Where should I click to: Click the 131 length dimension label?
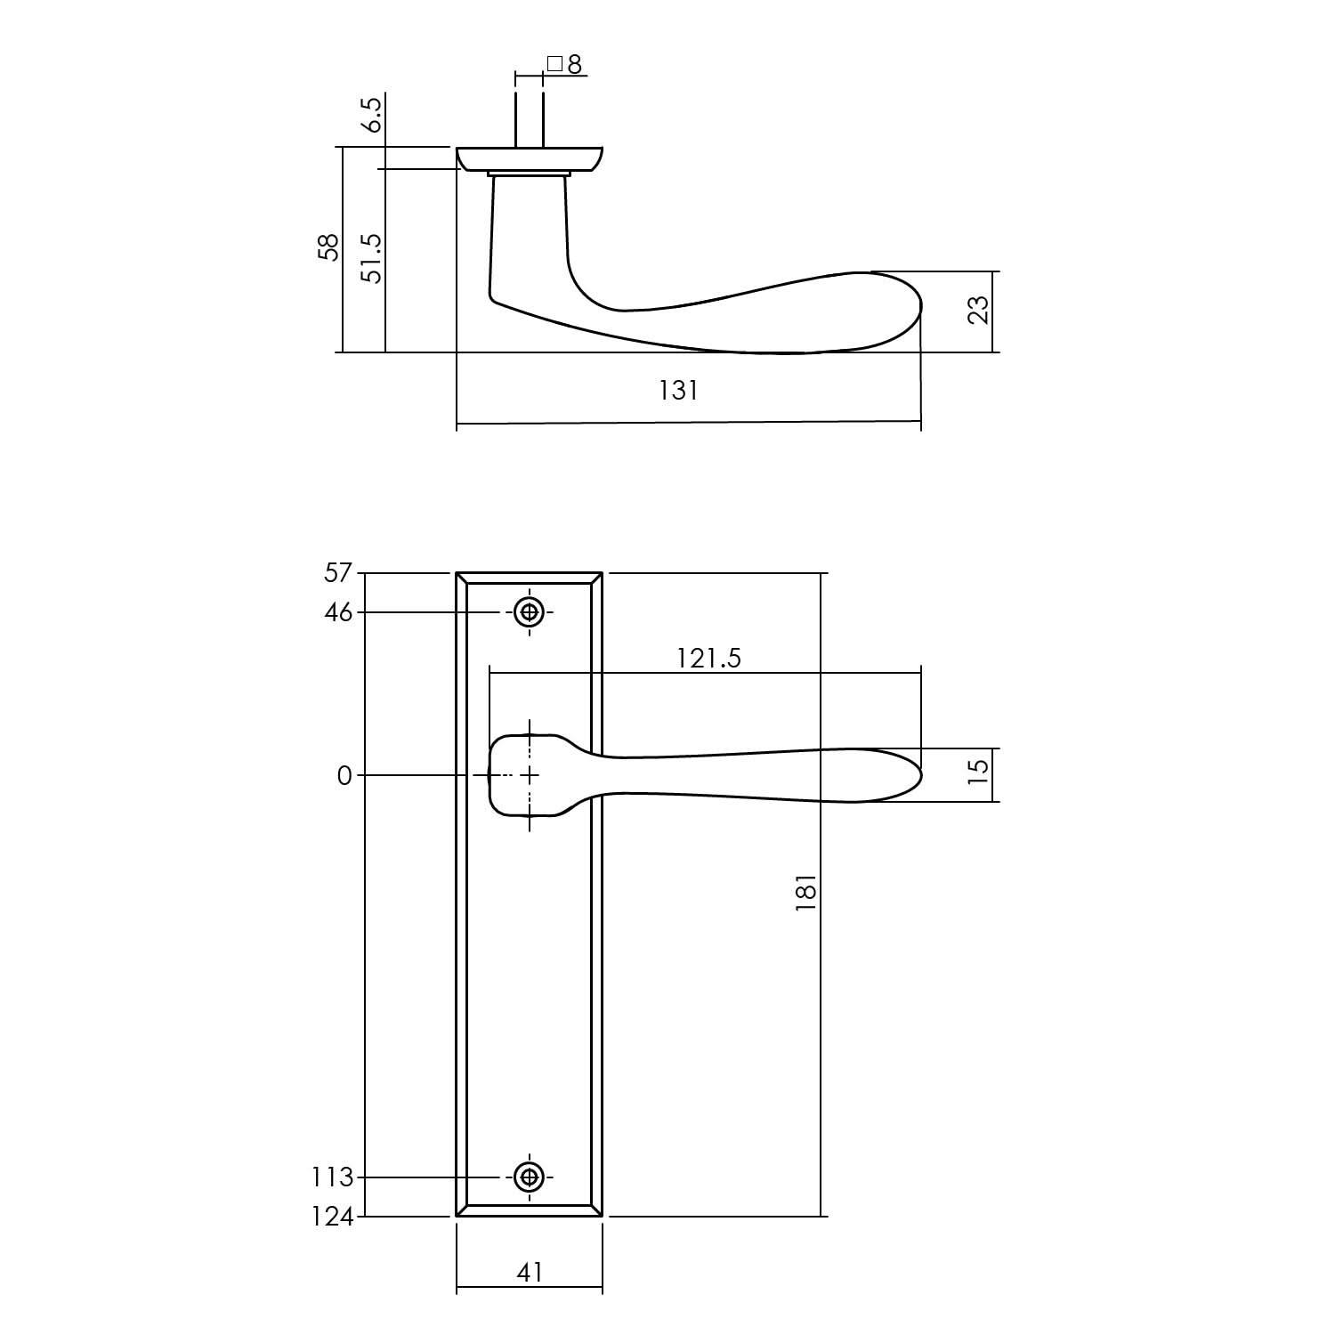(x=678, y=391)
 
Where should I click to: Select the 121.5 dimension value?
(x=708, y=658)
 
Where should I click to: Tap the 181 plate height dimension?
(x=805, y=892)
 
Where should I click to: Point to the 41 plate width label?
(x=530, y=1274)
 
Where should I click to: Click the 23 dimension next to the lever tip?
(x=978, y=310)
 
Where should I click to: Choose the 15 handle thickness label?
(x=978, y=771)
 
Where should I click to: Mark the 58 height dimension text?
(x=329, y=247)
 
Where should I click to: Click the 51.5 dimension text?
(x=372, y=259)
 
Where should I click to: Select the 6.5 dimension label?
(x=372, y=115)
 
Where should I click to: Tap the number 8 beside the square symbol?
(x=574, y=65)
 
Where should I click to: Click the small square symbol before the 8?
(x=554, y=64)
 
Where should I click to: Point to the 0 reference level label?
(x=344, y=776)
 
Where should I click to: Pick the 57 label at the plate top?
(x=338, y=573)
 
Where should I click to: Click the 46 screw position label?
(x=338, y=612)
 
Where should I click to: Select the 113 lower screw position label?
(x=333, y=1177)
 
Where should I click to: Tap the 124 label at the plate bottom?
(x=333, y=1217)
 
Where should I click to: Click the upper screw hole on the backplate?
(x=530, y=612)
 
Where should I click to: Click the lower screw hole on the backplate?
(x=530, y=1177)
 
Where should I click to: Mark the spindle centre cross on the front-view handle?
(x=530, y=775)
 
